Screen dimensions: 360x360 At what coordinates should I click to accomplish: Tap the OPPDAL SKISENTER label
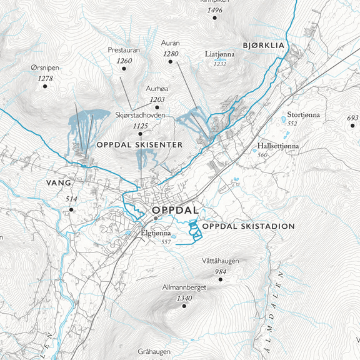tap(139, 144)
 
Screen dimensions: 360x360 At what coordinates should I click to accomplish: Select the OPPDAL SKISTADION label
tap(249, 226)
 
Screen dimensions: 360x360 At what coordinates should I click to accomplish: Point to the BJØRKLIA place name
tap(263, 46)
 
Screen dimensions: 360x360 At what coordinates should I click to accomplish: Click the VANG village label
tap(59, 183)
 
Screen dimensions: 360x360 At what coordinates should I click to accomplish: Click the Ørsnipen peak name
tap(44, 67)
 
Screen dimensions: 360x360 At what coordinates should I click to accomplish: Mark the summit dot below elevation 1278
tap(45, 87)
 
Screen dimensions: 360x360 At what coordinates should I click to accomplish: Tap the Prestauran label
tap(123, 49)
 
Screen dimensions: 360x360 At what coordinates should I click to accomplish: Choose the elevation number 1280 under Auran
tap(171, 54)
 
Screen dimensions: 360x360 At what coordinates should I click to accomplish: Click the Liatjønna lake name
tap(221, 54)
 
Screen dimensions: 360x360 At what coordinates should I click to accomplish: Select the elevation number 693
tap(352, 118)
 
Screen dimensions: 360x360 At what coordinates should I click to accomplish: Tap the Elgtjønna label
tap(155, 233)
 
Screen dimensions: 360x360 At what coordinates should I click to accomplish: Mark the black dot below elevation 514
tap(71, 210)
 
